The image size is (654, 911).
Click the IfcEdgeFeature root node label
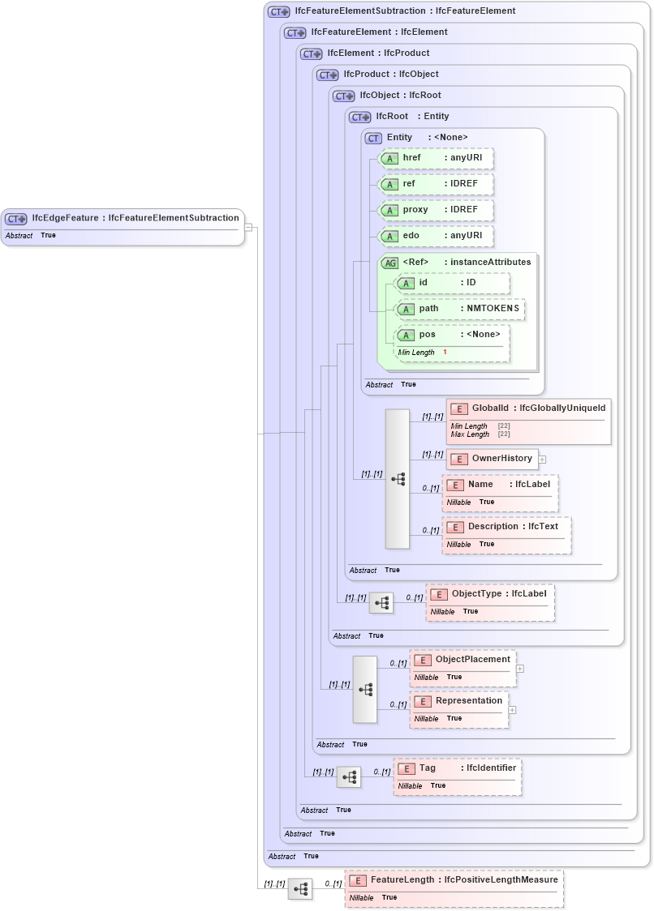click(135, 218)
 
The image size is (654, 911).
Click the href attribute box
click(437, 158)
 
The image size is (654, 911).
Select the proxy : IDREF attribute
click(437, 210)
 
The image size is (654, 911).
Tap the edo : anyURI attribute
click(437, 236)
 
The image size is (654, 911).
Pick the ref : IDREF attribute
click(437, 184)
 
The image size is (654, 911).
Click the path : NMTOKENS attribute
click(459, 309)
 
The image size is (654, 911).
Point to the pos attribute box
click(452, 335)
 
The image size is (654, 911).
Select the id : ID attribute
click(452, 283)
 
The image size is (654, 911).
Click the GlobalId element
click(527, 408)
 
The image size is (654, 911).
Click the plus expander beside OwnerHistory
click(542, 460)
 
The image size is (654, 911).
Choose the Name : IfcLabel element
click(500, 485)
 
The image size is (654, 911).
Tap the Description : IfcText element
click(506, 527)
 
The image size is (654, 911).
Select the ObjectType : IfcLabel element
click(490, 594)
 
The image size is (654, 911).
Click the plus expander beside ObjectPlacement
click(520, 669)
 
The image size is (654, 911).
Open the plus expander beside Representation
click(512, 710)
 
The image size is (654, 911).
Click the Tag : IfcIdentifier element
click(458, 768)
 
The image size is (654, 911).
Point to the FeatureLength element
click(454, 880)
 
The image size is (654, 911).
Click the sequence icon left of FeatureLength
click(300, 889)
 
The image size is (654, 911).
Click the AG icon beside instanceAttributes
click(389, 263)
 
